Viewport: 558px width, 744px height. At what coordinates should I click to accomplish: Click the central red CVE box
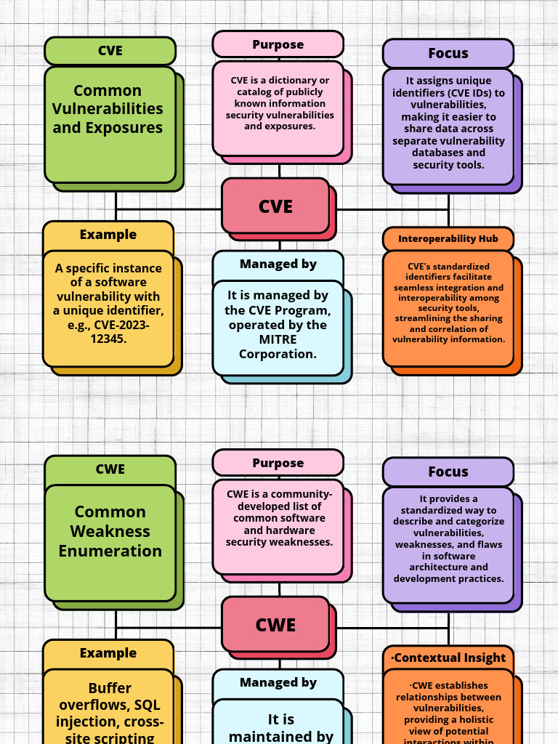[x=276, y=206]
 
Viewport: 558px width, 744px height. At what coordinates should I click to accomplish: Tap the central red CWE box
[x=276, y=625]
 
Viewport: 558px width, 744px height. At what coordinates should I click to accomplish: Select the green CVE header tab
[x=110, y=51]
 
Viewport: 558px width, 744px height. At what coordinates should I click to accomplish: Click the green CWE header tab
[x=110, y=469]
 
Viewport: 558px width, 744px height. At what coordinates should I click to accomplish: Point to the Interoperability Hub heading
[x=448, y=239]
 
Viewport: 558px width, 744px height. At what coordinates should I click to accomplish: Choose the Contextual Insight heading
[x=448, y=658]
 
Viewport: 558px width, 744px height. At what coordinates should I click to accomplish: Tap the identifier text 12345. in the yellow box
[x=111, y=339]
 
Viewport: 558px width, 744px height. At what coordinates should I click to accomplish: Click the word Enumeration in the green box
[x=110, y=551]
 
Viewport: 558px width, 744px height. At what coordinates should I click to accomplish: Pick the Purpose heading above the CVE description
[x=278, y=44]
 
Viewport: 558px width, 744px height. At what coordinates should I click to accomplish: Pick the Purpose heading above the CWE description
[x=278, y=463]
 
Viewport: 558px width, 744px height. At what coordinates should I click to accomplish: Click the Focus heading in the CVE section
[x=448, y=53]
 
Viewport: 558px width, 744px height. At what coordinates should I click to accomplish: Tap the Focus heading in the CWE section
[x=448, y=472]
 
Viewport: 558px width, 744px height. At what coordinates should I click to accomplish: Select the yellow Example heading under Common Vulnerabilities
[x=108, y=235]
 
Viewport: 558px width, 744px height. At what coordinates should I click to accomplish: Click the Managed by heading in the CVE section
[x=278, y=264]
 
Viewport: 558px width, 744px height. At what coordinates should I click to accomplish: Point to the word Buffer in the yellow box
[x=110, y=688]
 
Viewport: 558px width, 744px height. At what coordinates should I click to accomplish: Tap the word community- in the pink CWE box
[x=301, y=494]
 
